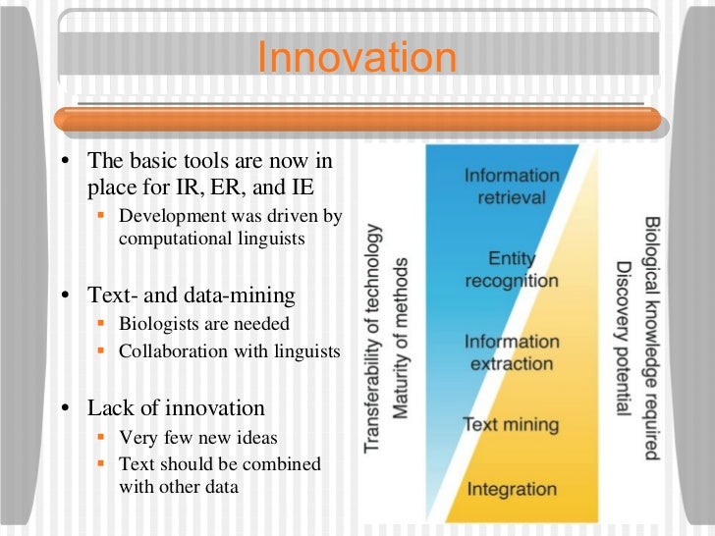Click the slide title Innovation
(357, 58)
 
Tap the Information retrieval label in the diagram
(512, 186)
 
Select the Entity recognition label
(511, 269)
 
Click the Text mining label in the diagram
(510, 425)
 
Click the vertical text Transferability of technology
(373, 339)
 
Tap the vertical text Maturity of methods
(399, 339)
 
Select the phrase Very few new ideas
(197, 438)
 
